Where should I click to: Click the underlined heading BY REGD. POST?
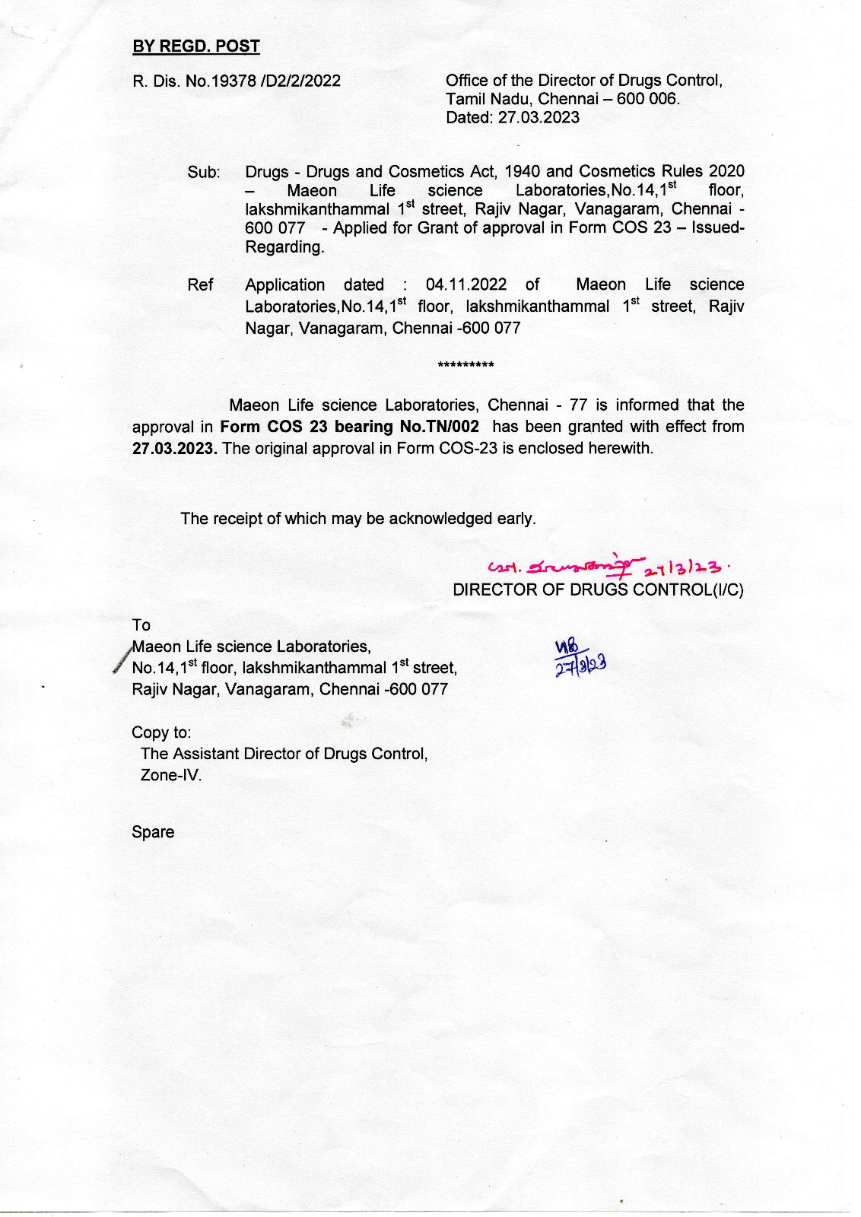pyautogui.click(x=196, y=46)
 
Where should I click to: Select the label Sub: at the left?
pyautogui.click(x=204, y=173)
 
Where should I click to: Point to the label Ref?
pyautogui.click(x=200, y=285)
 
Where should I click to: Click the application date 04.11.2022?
pyautogui.click(x=466, y=285)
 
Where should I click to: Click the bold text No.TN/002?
pyautogui.click(x=439, y=427)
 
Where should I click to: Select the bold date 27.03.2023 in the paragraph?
pyautogui.click(x=174, y=448)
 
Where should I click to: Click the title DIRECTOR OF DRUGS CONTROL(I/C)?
pyautogui.click(x=598, y=589)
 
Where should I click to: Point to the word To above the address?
pyautogui.click(x=141, y=625)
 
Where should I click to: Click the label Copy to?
pyautogui.click(x=161, y=732)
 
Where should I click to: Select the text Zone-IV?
pyautogui.click(x=171, y=776)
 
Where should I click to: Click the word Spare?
pyautogui.click(x=153, y=832)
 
